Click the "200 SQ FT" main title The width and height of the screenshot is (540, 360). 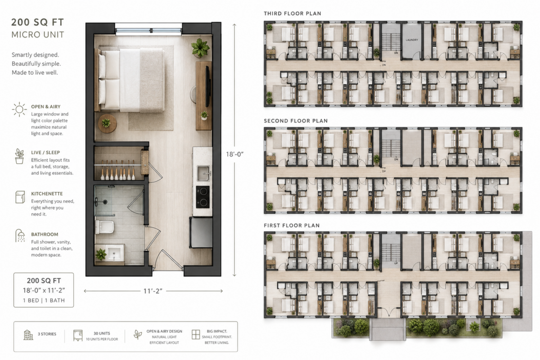(37, 22)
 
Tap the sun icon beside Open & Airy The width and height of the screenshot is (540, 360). (19, 109)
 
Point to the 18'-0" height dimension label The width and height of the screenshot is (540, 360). (234, 154)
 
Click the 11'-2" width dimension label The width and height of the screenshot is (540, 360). (153, 291)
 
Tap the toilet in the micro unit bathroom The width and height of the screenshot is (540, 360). (104, 227)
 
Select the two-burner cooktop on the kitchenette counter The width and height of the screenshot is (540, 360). (203, 197)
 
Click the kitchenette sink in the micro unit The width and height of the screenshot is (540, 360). (203, 173)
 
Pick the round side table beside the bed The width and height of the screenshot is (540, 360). (107, 123)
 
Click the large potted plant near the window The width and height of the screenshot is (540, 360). (200, 47)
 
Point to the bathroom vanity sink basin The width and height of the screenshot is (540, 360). (114, 253)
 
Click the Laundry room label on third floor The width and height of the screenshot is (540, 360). (412, 40)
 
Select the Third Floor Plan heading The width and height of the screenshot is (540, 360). (292, 13)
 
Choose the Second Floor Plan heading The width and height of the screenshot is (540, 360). (296, 121)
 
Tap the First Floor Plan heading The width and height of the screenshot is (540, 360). (292, 225)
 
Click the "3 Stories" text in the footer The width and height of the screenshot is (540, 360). (47, 334)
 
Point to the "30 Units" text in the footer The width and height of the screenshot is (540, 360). (102, 333)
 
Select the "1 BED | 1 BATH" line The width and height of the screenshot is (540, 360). (44, 300)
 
